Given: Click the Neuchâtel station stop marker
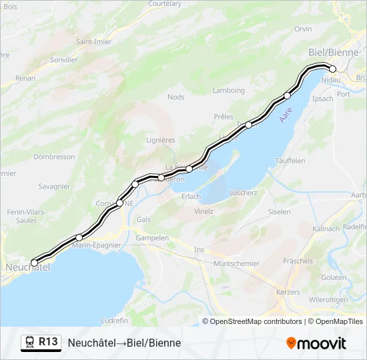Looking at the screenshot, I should click(35, 263).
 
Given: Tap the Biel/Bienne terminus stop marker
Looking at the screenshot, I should click(332, 69).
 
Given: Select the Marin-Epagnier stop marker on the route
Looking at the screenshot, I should click(79, 237).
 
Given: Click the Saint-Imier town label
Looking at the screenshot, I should click(93, 41).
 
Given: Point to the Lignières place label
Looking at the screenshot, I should click(160, 140).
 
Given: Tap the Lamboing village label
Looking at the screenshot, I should click(229, 91).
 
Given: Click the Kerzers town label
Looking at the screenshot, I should click(288, 292).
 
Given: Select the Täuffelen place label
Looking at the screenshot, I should click(290, 161).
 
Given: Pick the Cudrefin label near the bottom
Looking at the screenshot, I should click(114, 320).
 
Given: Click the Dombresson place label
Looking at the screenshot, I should click(54, 157).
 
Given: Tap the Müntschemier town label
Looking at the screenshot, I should click(236, 263).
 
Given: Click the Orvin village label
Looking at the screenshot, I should click(303, 29).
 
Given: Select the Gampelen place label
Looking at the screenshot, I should click(152, 237).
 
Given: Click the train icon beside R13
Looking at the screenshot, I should click(30, 343).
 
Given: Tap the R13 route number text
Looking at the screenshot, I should click(48, 342).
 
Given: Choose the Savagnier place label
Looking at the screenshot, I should click(54, 186).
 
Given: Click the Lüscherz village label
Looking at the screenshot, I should click(243, 193).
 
